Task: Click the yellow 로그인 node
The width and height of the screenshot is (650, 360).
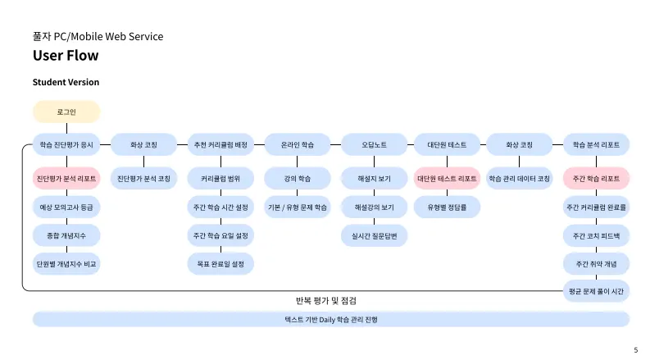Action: pos(66,112)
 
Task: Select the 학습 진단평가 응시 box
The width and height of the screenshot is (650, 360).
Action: pos(66,144)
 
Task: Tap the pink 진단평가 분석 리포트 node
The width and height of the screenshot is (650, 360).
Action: pos(66,178)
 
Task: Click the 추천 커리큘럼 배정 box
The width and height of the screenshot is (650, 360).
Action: pos(220,144)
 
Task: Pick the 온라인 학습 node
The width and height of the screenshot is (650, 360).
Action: pos(297,144)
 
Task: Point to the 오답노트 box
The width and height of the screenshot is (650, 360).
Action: pos(374,144)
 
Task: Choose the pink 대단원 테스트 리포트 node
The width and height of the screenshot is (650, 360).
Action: pos(447,178)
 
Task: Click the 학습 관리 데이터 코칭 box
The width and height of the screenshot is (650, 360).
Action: pos(520,178)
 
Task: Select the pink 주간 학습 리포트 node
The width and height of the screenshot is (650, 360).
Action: pos(597,178)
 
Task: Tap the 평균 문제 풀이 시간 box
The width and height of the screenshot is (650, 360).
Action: pos(597,291)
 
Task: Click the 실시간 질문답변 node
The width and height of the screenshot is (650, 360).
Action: pos(374,235)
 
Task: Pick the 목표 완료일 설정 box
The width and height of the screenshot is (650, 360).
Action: pos(220,264)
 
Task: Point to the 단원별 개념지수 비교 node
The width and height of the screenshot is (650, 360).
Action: pos(66,264)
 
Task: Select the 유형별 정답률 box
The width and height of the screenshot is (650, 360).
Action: pos(447,207)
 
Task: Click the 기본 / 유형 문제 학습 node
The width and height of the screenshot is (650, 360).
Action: pos(297,207)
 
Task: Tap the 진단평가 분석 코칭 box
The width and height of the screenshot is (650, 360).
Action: pos(144,178)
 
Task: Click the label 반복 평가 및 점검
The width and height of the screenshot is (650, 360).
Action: pos(325,301)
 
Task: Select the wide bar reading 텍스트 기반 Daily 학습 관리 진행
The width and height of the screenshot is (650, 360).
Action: pos(331,319)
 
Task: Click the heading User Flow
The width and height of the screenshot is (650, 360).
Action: pos(66,56)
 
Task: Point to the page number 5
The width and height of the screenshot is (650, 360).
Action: pos(635,350)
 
